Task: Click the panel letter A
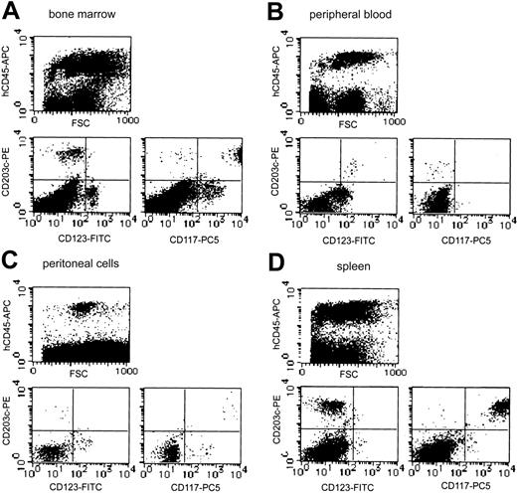pyautogui.click(x=12, y=15)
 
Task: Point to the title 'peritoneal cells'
pyautogui.click(x=85, y=260)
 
